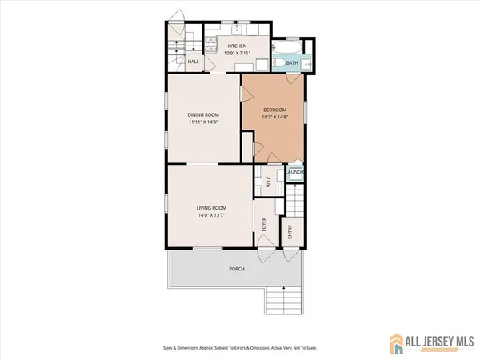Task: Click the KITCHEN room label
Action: (x=237, y=46)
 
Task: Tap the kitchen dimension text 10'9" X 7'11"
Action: (x=237, y=54)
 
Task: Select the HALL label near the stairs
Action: (x=193, y=62)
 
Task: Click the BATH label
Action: (x=293, y=62)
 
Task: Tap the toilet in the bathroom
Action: (x=307, y=62)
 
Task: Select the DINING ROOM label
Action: (x=203, y=115)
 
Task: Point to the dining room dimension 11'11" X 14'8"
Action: (x=203, y=123)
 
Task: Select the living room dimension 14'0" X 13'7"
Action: (x=210, y=216)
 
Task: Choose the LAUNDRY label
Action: (x=295, y=172)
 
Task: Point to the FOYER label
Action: (x=264, y=226)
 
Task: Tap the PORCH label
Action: (x=237, y=269)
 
